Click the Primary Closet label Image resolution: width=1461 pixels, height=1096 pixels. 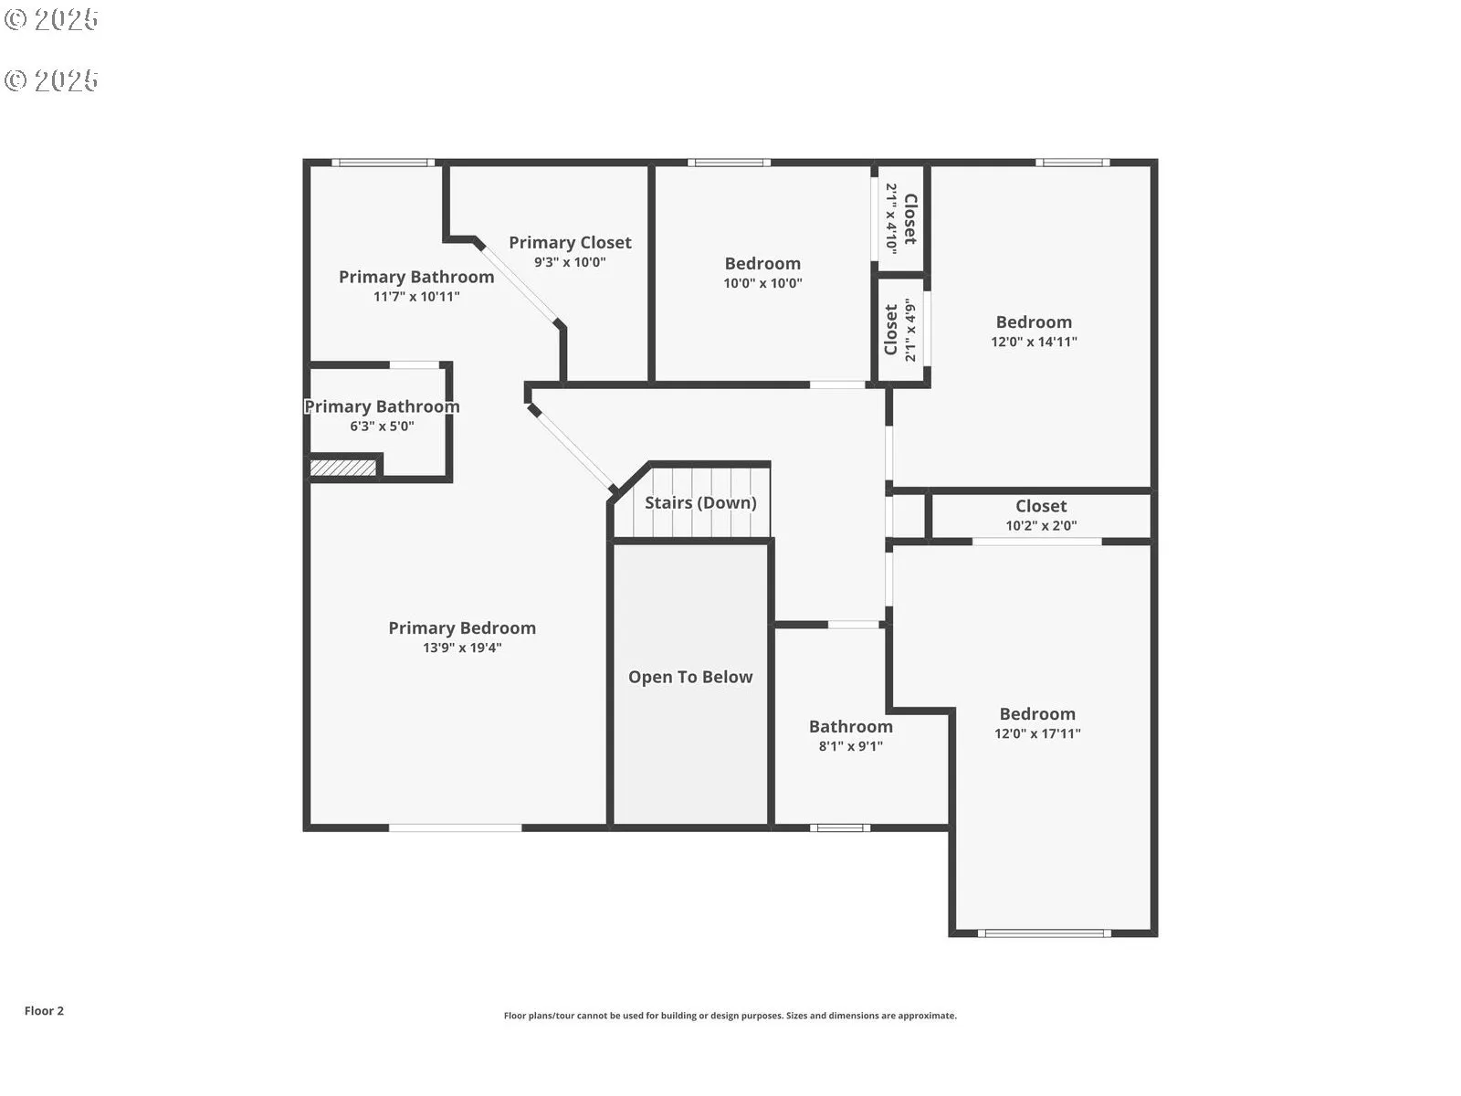pyautogui.click(x=570, y=242)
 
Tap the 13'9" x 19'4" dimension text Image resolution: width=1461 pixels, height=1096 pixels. pyautogui.click(x=462, y=648)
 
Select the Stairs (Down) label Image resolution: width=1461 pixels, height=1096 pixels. pyautogui.click(x=700, y=502)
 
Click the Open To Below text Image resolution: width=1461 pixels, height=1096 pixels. pyautogui.click(x=690, y=677)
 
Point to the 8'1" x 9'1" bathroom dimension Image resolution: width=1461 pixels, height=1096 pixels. pyautogui.click(x=850, y=746)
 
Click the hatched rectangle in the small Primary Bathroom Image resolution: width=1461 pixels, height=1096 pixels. pyautogui.click(x=342, y=468)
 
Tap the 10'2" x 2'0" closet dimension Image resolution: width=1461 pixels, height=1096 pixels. pyautogui.click(x=1041, y=525)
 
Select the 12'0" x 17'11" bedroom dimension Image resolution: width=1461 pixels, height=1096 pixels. pyautogui.click(x=1037, y=733)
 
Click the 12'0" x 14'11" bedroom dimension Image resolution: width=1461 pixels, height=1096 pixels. pyautogui.click(x=1034, y=342)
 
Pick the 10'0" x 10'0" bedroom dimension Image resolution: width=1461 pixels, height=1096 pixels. pyautogui.click(x=762, y=283)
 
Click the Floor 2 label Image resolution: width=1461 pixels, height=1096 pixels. pyautogui.click(x=44, y=1011)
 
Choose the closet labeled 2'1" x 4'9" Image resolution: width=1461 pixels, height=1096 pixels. pyautogui.click(x=899, y=330)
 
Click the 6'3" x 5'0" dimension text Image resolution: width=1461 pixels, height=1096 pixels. pyautogui.click(x=382, y=427)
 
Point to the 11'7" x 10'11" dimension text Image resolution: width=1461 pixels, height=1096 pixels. pyautogui.click(x=416, y=297)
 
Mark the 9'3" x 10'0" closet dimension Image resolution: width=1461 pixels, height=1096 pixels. pyautogui.click(x=570, y=262)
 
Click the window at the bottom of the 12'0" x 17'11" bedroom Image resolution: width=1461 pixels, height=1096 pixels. pyautogui.click(x=1044, y=933)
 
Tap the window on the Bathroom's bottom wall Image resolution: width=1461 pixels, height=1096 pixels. pyautogui.click(x=840, y=828)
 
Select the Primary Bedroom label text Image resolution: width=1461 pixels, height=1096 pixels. pyautogui.click(x=462, y=627)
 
